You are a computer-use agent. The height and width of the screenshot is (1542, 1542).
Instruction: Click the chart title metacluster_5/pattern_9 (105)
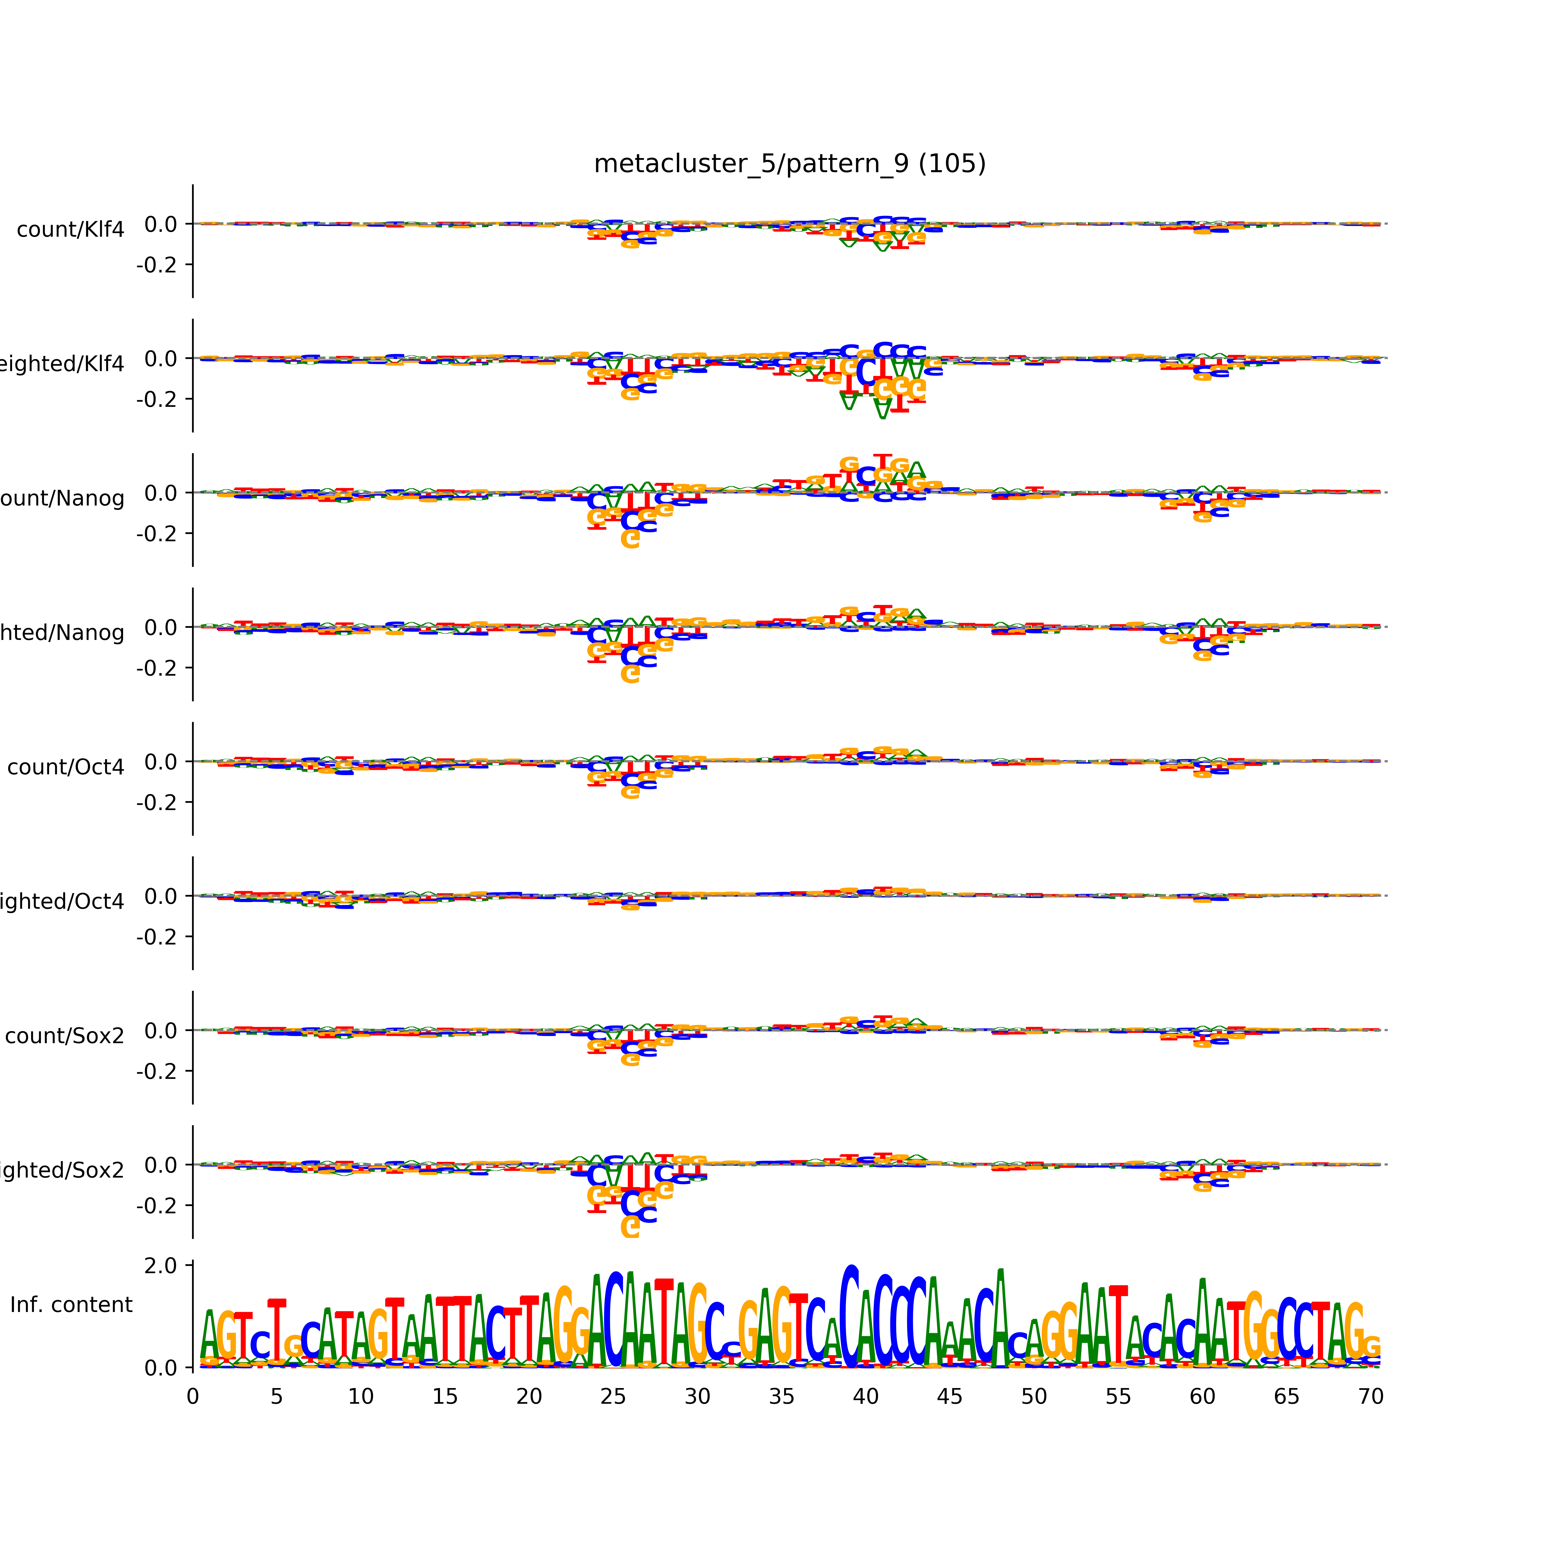pyautogui.click(x=789, y=164)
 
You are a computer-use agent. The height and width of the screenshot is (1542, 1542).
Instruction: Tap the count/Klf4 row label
pyautogui.click(x=70, y=230)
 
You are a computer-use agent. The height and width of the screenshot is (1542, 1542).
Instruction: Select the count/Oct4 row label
pyautogui.click(x=66, y=767)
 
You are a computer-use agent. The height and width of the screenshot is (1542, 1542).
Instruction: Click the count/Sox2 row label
pyautogui.click(x=65, y=1036)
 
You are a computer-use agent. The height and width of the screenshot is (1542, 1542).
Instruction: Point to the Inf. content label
pyautogui.click(x=71, y=1305)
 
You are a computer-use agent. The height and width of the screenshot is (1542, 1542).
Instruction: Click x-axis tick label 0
pyautogui.click(x=192, y=1397)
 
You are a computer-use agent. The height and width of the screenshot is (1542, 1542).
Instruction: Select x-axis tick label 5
pyautogui.click(x=276, y=1397)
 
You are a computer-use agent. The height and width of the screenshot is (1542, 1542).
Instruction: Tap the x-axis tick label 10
pyautogui.click(x=361, y=1397)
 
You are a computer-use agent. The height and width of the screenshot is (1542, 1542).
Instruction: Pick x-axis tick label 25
pyautogui.click(x=613, y=1397)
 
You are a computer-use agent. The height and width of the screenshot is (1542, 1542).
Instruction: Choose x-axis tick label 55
pyautogui.click(x=1118, y=1397)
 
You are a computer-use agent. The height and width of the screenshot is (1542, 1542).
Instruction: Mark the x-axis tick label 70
pyautogui.click(x=1370, y=1397)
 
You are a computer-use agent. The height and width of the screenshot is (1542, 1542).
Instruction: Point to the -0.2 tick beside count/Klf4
pyautogui.click(x=157, y=265)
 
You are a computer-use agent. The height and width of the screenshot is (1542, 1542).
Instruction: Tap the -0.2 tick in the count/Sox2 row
pyautogui.click(x=157, y=1071)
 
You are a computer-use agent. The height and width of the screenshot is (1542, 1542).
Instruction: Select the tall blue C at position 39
pyautogui.click(x=851, y=1317)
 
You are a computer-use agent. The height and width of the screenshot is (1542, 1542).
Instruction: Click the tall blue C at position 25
pyautogui.click(x=614, y=1321)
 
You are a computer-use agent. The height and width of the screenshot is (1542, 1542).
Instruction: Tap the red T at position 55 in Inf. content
pyautogui.click(x=1118, y=1325)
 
